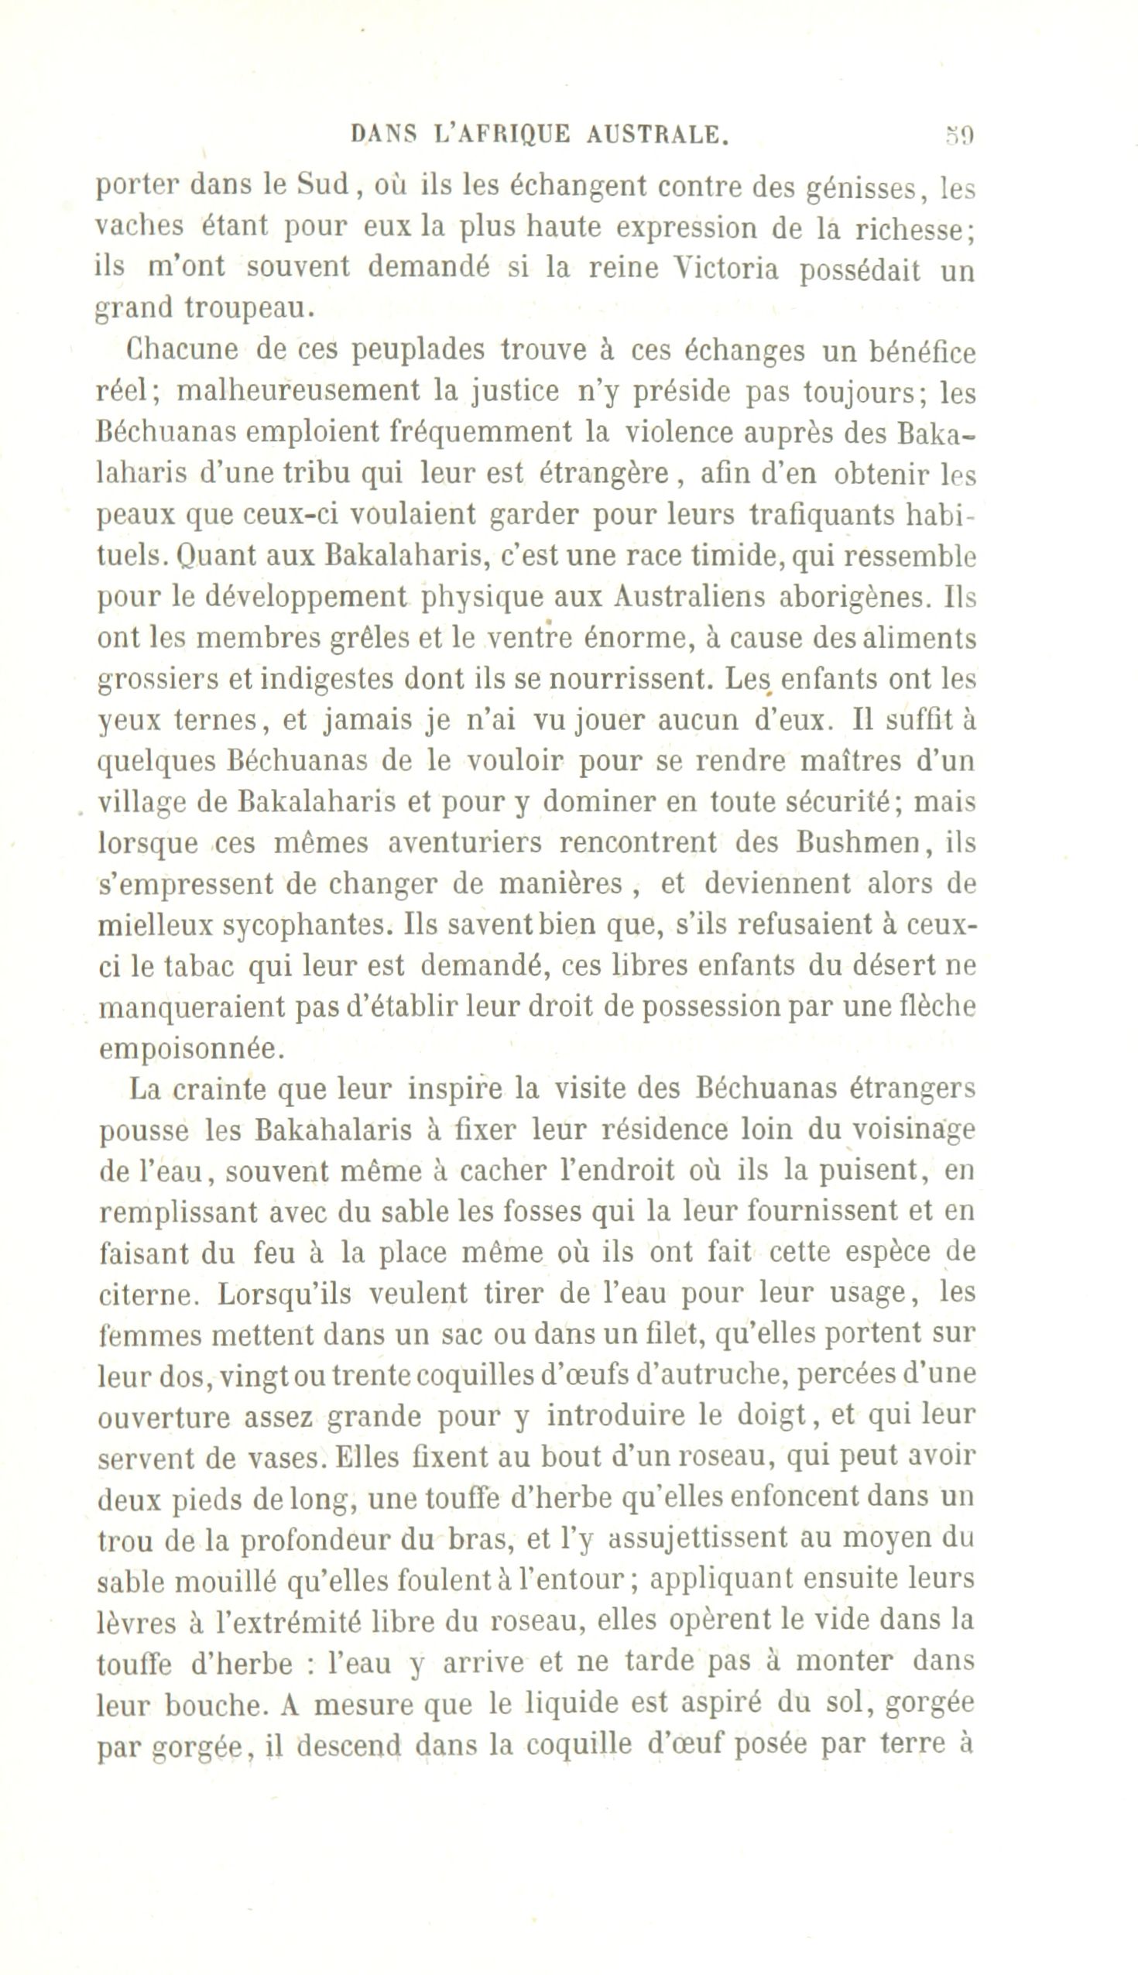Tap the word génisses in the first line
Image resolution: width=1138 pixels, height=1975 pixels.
coord(843,187)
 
